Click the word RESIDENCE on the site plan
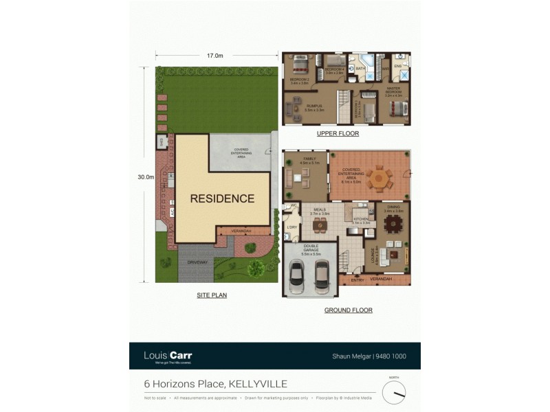pos(222,199)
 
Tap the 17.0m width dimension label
pos(215,56)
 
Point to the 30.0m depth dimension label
pos(145,177)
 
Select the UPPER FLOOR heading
pos(338,134)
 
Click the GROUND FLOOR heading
pos(348,310)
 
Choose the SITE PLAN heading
pos(211,295)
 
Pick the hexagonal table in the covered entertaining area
pos(378,181)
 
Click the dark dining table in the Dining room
pos(393,224)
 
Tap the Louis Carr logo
pos(168,356)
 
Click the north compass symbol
pos(394,392)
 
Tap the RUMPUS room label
pos(314,106)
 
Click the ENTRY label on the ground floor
pos(357,279)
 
